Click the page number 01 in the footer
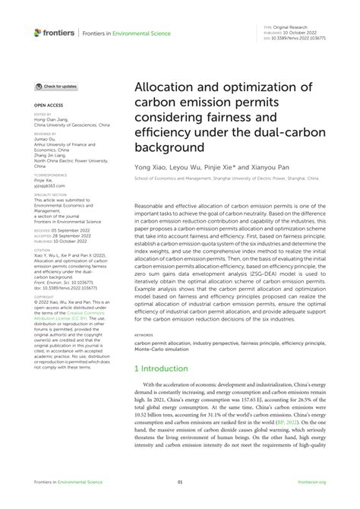(180, 482)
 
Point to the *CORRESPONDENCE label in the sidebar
(49, 173)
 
